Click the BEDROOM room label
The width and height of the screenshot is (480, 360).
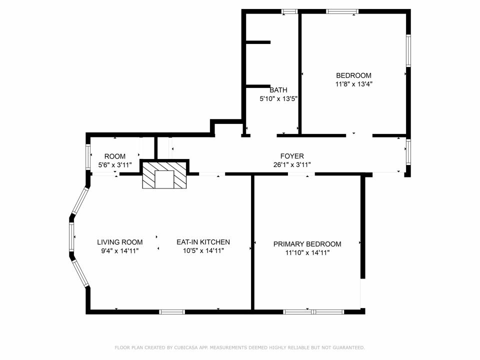pyautogui.click(x=353, y=75)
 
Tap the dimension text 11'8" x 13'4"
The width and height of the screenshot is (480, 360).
pyautogui.click(x=353, y=84)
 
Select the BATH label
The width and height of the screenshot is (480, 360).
pyautogui.click(x=278, y=90)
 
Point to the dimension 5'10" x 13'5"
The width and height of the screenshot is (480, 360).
pyautogui.click(x=278, y=99)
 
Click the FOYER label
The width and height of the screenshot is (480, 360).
pyautogui.click(x=292, y=156)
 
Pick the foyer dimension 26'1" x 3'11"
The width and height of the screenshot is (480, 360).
pyautogui.click(x=292, y=165)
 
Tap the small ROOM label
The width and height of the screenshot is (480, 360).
pyautogui.click(x=115, y=156)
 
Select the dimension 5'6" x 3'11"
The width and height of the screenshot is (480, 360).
pyautogui.click(x=115, y=165)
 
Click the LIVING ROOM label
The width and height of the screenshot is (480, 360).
pyautogui.click(x=119, y=242)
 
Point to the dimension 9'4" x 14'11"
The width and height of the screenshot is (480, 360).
pyautogui.click(x=119, y=251)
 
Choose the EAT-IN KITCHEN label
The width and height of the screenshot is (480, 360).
pyautogui.click(x=203, y=242)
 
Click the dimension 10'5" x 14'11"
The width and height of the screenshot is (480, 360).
pyautogui.click(x=203, y=251)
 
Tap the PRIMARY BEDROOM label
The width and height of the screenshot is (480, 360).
pyautogui.click(x=307, y=244)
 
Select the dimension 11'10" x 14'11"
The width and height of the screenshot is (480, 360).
pyautogui.click(x=307, y=253)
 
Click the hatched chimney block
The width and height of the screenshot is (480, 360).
pyautogui.click(x=164, y=175)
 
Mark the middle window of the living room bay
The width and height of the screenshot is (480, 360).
pyautogui.click(x=71, y=237)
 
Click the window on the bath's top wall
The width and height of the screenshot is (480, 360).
pyautogui.click(x=289, y=11)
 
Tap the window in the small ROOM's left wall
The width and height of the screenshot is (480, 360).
pyautogui.click(x=88, y=156)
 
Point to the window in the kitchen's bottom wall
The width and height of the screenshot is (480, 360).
pyautogui.click(x=172, y=312)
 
